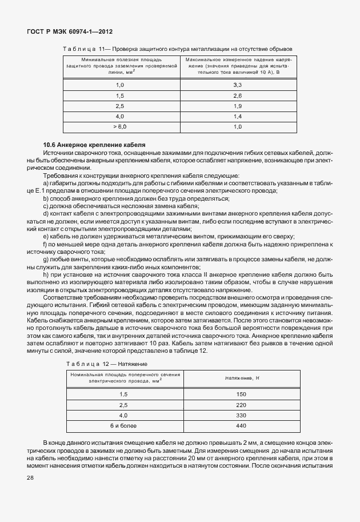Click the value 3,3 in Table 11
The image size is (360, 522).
(238, 85)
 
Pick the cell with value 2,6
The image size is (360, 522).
(238, 95)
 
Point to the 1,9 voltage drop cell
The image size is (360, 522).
(238, 106)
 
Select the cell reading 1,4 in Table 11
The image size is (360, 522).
(238, 116)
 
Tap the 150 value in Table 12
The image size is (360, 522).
(241, 395)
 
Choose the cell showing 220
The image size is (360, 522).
(241, 405)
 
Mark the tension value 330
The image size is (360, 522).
(241, 415)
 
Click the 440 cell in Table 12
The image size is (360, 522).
(241, 425)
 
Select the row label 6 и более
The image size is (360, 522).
(123, 425)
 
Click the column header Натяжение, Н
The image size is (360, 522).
(241, 378)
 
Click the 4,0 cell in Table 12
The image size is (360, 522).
(123, 415)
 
